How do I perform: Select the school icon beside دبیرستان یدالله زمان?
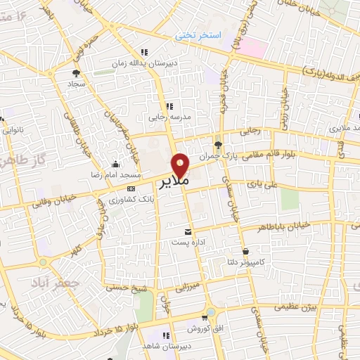(145, 51)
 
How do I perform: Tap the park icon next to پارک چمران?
(218, 145)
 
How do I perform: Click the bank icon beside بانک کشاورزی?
(131, 188)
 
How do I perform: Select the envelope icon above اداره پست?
(187, 231)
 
